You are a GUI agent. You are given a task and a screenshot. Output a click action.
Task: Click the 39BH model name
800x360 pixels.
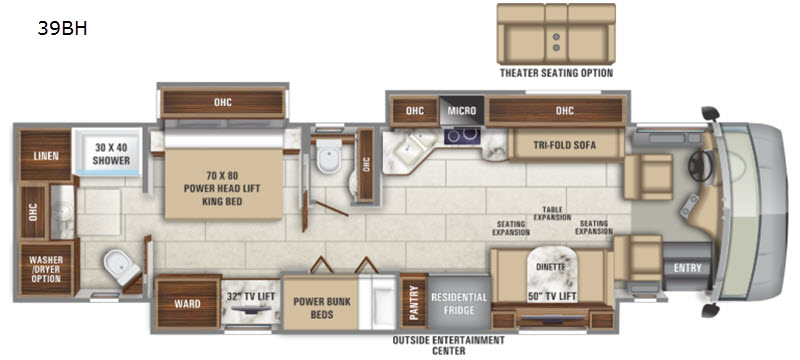coord(62,29)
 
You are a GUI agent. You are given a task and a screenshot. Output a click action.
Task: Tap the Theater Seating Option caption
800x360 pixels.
coord(556,73)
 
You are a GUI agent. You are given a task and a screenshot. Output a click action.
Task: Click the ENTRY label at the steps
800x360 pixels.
coord(687,268)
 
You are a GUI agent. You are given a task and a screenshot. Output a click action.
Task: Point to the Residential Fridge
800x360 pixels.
coord(459,303)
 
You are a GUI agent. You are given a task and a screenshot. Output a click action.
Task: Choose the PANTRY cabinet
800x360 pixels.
coord(414,302)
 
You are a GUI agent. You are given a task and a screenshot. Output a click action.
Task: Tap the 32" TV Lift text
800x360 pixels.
coord(250,296)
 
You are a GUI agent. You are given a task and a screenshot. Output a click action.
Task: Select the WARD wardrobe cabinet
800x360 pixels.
coord(187,303)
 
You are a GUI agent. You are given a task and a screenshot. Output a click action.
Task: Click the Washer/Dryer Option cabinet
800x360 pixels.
coord(46,269)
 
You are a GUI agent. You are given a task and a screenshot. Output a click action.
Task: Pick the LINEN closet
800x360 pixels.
coord(45,156)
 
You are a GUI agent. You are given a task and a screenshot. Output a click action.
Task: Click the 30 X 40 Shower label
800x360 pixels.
coord(112,154)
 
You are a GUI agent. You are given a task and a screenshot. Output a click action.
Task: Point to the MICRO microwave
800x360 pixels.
coord(462,111)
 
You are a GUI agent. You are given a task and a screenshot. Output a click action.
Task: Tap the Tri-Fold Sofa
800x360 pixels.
coord(565,144)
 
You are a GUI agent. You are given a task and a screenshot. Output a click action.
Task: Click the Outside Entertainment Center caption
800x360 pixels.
coord(448,345)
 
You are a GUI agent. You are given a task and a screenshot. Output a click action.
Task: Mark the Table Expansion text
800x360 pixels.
coord(552,213)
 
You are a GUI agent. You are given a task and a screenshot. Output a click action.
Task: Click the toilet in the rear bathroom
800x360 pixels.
coord(121,266)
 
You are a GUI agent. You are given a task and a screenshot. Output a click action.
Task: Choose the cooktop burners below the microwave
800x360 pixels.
coord(462,136)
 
